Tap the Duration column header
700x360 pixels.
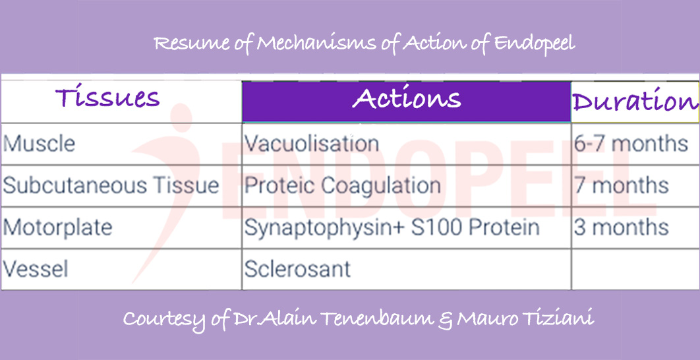[635, 102]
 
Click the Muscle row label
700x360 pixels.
[40, 143]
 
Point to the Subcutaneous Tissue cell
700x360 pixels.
[111, 185]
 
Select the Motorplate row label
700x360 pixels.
[58, 227]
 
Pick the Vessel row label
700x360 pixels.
[36, 269]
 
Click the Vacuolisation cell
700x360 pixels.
[312, 143]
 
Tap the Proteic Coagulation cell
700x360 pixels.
[343, 185]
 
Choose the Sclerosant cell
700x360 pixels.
[297, 269]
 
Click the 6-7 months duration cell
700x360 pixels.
[631, 143]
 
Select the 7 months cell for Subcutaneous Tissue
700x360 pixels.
[621, 185]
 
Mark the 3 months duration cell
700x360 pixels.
[621, 227]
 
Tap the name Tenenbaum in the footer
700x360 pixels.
[372, 319]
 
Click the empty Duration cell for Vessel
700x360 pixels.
[634, 269]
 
